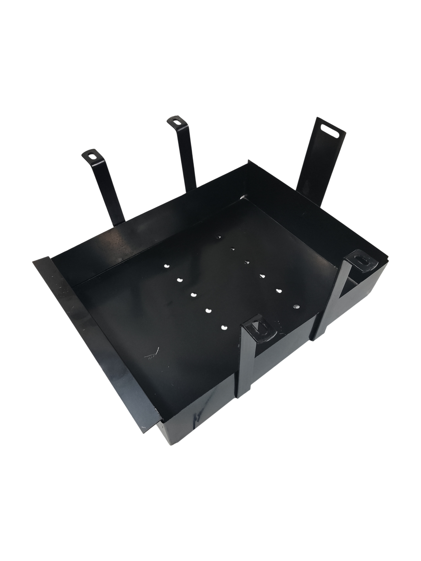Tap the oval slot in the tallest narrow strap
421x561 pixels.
(176, 122)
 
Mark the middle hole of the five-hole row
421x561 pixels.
(194, 295)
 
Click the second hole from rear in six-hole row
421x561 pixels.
(232, 249)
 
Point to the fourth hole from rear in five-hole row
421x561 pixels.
(209, 310)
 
